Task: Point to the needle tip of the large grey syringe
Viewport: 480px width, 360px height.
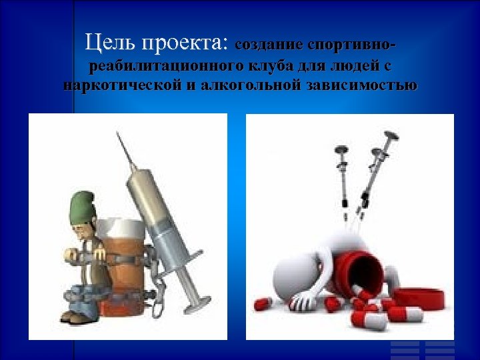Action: (119, 135)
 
